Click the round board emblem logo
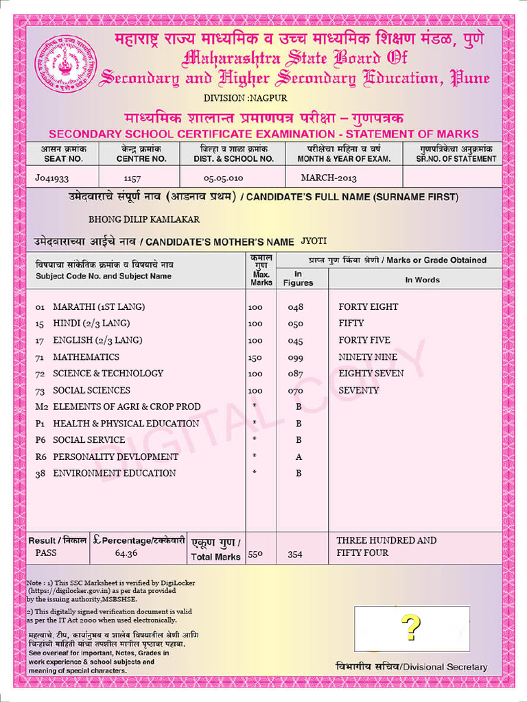(x=66, y=66)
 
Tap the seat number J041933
(x=52, y=178)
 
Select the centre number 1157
(x=132, y=178)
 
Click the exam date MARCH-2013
(x=329, y=178)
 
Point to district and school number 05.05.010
(x=223, y=178)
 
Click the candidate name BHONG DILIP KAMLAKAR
(x=144, y=219)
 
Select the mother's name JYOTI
(x=314, y=241)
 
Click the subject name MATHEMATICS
(x=86, y=356)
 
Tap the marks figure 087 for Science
(x=295, y=374)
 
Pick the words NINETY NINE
(x=368, y=356)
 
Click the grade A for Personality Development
(x=298, y=457)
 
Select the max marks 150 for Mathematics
(x=255, y=356)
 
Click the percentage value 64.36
(x=126, y=553)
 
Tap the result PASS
(x=47, y=553)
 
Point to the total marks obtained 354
(x=295, y=554)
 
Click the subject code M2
(x=41, y=407)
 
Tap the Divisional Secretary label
(x=411, y=667)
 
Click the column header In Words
(x=422, y=280)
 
